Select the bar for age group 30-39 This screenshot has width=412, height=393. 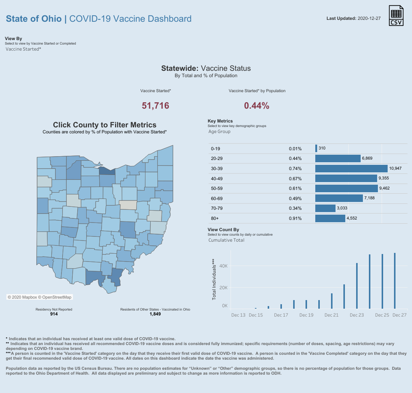[x=351, y=169]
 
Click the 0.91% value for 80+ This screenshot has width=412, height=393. [x=295, y=218]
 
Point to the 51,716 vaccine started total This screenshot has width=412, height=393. [x=156, y=106]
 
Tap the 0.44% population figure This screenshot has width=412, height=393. [x=257, y=106]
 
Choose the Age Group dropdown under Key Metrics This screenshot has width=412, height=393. [x=220, y=131]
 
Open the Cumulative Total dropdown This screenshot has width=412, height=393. [x=226, y=240]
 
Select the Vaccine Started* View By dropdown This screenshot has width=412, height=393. [x=24, y=49]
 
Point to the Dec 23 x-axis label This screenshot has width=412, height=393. [x=357, y=315]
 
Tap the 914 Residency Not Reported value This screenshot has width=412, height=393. [x=54, y=314]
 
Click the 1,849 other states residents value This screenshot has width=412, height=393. [x=155, y=314]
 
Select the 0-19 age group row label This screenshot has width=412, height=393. [x=215, y=149]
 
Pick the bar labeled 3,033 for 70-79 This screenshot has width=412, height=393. [x=325, y=208]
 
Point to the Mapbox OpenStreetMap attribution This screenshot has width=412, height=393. [x=39, y=297]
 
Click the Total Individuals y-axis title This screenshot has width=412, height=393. [x=214, y=279]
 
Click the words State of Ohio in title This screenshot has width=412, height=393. [x=34, y=19]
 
